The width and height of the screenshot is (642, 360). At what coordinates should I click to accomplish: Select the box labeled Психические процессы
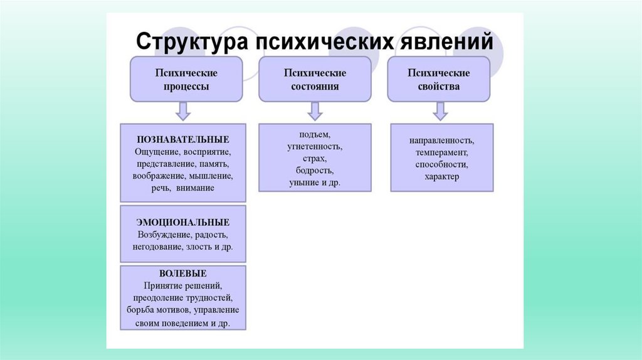click(x=187, y=79)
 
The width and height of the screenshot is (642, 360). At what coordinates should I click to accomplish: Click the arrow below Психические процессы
click(x=182, y=111)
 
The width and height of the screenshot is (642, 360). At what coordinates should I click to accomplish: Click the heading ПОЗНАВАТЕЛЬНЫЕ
click(x=183, y=139)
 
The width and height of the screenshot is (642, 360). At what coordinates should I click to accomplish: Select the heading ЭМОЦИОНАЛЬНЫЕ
click(x=183, y=222)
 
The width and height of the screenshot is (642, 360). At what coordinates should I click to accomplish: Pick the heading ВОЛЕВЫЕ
click(x=183, y=273)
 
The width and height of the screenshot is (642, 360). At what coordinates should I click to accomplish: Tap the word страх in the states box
click(x=315, y=159)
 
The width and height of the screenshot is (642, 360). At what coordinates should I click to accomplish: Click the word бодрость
click(x=315, y=171)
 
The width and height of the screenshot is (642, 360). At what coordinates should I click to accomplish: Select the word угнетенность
click(x=315, y=147)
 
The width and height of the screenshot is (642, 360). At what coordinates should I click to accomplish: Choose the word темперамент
click(x=441, y=152)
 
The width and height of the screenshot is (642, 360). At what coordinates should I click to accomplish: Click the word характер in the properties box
click(x=441, y=177)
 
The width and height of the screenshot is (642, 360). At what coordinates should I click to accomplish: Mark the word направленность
click(x=441, y=140)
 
